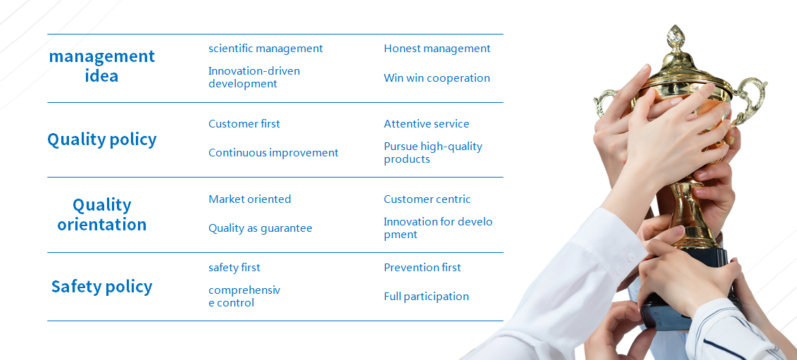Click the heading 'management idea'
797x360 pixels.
(101, 66)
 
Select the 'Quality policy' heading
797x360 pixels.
(101, 139)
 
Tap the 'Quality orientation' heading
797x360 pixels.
(101, 215)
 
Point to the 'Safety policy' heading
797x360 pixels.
(101, 287)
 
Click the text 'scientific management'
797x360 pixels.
(265, 49)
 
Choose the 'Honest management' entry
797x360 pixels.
(437, 49)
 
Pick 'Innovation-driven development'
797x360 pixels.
(254, 77)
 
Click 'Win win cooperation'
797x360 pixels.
(437, 77)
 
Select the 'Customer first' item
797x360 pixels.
(244, 123)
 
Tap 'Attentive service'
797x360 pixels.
(427, 123)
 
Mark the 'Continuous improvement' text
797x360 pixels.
(273, 153)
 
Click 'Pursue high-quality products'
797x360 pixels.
(433, 153)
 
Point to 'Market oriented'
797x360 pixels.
(249, 199)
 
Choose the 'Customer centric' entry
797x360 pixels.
(427, 199)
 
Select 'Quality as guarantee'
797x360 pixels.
(261, 228)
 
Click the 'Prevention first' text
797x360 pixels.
(422, 268)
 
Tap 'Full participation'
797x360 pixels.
(426, 297)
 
